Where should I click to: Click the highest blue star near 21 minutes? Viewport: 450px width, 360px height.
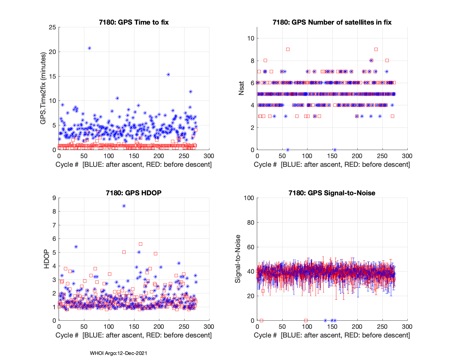coord(89,48)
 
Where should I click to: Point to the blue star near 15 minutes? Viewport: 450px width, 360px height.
coord(168,74)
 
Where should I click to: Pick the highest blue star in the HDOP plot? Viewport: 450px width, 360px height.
coord(124,206)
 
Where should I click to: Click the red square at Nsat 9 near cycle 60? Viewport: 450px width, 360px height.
coord(288,49)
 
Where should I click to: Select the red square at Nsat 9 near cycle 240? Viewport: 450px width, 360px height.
coord(376,49)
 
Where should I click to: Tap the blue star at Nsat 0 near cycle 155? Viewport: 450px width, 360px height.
coord(335,150)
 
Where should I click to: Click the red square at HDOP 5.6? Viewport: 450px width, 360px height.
coord(140,244)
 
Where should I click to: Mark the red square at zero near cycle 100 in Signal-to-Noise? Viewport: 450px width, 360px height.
coord(306,320)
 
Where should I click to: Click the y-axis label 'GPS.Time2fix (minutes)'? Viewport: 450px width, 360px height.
coord(43,88)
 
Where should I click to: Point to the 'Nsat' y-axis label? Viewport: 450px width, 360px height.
coord(241,88)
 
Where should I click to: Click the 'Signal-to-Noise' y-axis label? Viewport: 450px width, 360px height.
coord(238,259)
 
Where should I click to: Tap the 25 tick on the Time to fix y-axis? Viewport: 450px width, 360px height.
coord(52,27)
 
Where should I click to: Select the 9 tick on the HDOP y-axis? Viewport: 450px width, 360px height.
coord(54,198)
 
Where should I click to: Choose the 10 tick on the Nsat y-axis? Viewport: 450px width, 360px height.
coord(251,38)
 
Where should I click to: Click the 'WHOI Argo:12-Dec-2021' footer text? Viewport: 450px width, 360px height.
coord(118,353)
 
